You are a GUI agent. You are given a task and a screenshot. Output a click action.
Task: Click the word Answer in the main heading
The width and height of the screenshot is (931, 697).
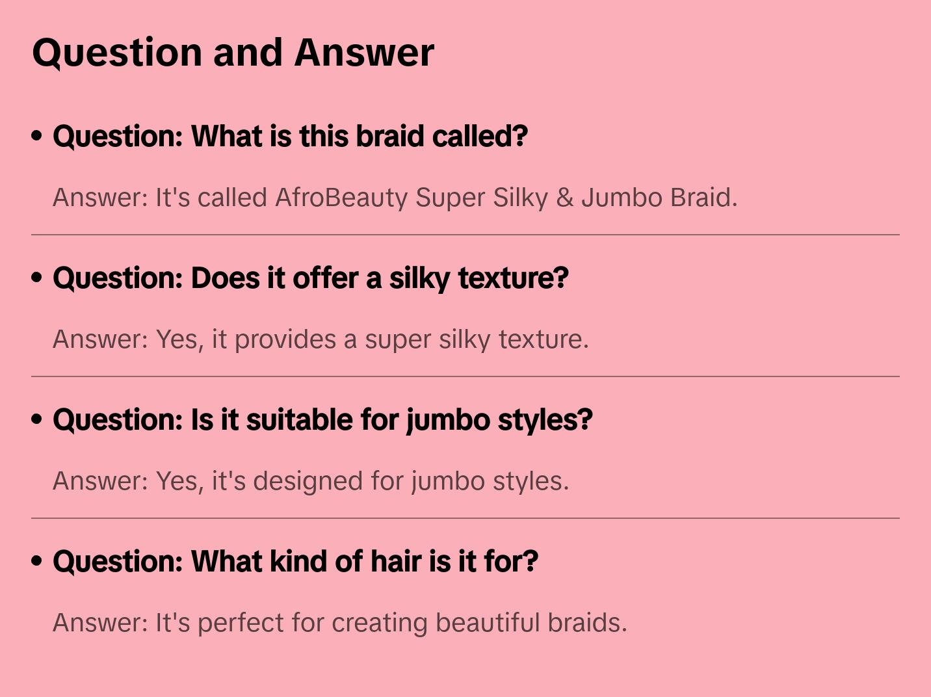(x=364, y=52)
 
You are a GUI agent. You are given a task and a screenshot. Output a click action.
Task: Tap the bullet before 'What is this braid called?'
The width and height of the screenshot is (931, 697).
(x=37, y=136)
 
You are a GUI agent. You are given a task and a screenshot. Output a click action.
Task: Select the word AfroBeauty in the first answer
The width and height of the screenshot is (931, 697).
(x=341, y=198)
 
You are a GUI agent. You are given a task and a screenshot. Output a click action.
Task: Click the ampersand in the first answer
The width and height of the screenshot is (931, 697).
(x=564, y=198)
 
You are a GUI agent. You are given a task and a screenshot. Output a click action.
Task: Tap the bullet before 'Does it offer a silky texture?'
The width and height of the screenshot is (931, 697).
(x=37, y=278)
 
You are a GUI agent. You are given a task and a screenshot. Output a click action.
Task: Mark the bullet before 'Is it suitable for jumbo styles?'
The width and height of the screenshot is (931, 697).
(x=37, y=419)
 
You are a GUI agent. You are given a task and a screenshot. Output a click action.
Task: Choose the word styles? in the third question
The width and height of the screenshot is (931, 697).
(x=545, y=420)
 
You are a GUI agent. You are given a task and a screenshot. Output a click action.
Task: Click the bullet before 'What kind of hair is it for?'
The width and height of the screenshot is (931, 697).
(x=37, y=561)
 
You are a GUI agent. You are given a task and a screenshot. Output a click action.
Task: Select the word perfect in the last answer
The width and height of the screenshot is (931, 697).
(x=241, y=623)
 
